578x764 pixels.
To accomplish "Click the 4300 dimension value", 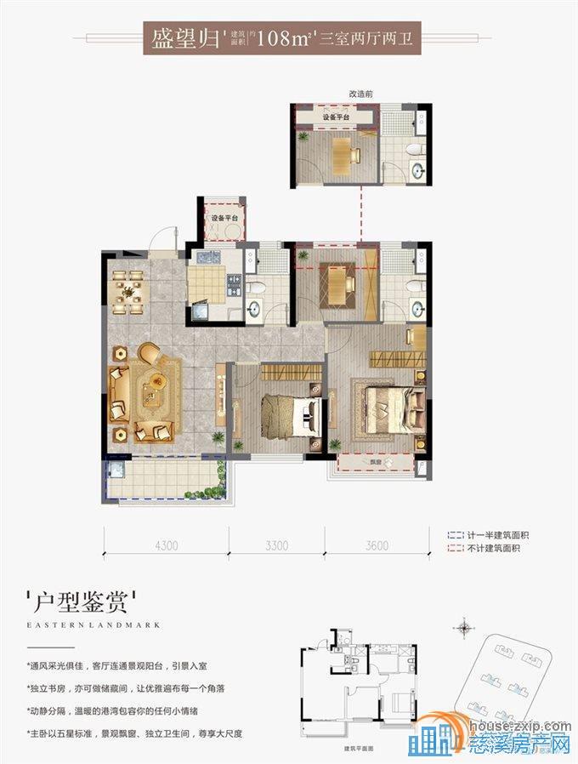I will pyautogui.click(x=167, y=545).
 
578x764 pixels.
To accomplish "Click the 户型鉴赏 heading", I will pyautogui.click(x=82, y=605).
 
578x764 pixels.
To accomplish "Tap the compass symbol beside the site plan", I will pyautogui.click(x=464, y=630).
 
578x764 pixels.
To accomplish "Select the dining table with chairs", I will pyautogui.click(x=131, y=292).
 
